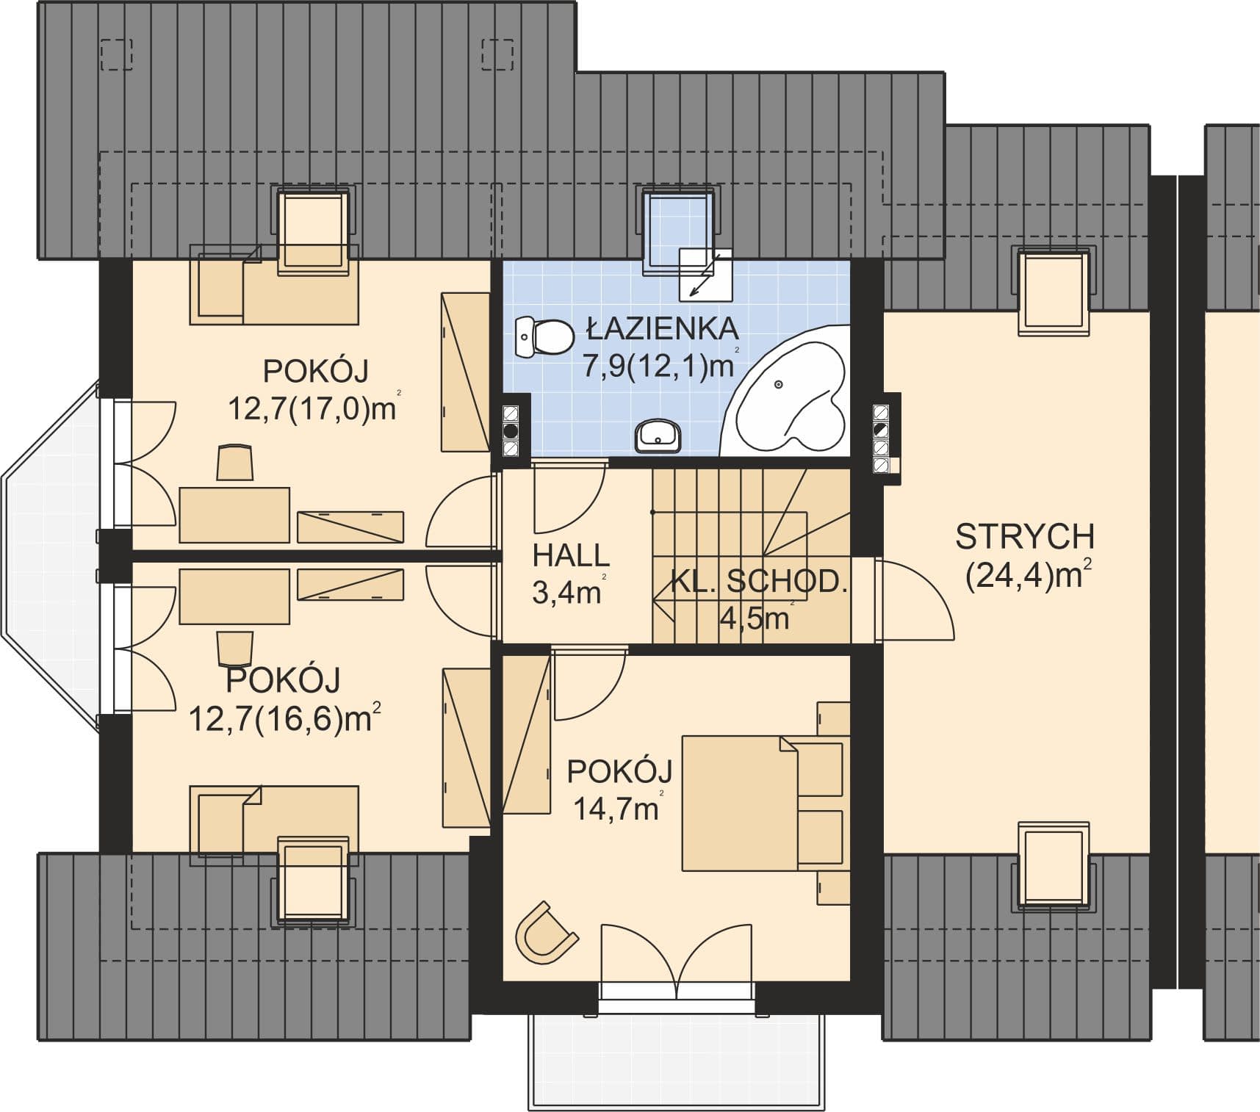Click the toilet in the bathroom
tap(544, 337)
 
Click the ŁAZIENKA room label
tap(662, 329)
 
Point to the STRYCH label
tap(1024, 537)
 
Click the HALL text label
tap(571, 555)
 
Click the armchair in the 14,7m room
tap(544, 933)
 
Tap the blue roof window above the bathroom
tap(679, 231)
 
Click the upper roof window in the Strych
tap(1053, 291)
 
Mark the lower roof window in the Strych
tap(1053, 865)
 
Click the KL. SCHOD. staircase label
tap(759, 582)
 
